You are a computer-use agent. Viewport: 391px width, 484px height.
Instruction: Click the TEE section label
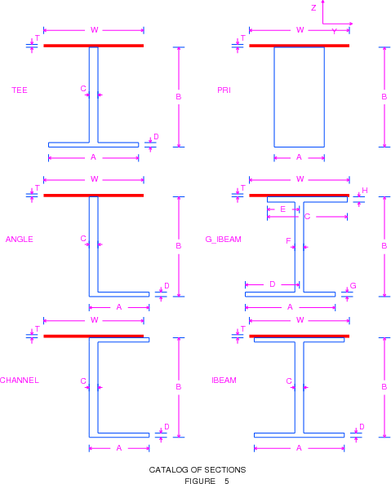click(x=20, y=90)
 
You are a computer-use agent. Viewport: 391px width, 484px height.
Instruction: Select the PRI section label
click(x=224, y=90)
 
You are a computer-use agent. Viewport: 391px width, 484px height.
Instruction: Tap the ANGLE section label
click(x=19, y=240)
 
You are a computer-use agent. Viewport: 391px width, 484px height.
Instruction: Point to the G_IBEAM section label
click(x=224, y=240)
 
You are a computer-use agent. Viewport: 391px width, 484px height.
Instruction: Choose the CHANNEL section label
click(x=19, y=381)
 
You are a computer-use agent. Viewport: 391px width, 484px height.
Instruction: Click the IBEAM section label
click(x=224, y=381)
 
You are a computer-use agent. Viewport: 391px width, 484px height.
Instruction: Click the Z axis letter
click(x=313, y=8)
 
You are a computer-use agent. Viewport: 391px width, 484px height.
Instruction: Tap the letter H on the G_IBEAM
click(x=365, y=191)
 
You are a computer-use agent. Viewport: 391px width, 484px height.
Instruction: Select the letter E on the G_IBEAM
click(x=282, y=209)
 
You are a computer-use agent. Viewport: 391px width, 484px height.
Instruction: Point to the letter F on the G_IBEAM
click(x=288, y=240)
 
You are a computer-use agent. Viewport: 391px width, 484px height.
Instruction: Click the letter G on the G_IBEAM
click(x=353, y=286)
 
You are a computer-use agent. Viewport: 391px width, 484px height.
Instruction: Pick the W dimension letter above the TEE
click(x=95, y=30)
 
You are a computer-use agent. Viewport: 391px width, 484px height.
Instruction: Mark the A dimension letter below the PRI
click(x=299, y=157)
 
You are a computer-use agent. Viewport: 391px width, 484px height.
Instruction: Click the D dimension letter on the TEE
click(x=156, y=137)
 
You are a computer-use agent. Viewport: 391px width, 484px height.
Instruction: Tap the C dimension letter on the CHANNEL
click(x=83, y=381)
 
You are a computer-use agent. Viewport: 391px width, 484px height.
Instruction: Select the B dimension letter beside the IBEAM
click(x=384, y=387)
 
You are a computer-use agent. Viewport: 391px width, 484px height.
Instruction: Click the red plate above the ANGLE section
click(x=93, y=196)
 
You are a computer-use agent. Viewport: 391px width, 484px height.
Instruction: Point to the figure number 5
click(x=227, y=481)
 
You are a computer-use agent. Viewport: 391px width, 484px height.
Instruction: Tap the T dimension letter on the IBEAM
click(x=243, y=329)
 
